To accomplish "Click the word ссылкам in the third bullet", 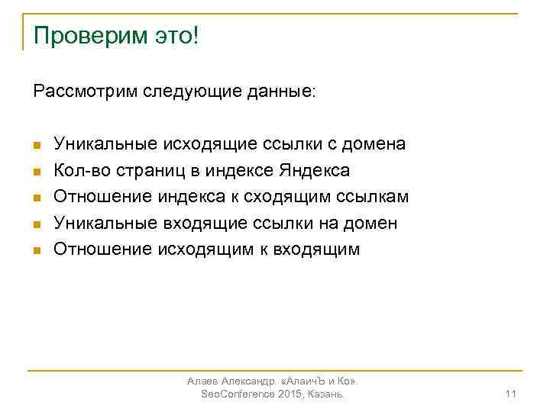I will (374, 196).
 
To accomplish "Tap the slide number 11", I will (511, 394).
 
